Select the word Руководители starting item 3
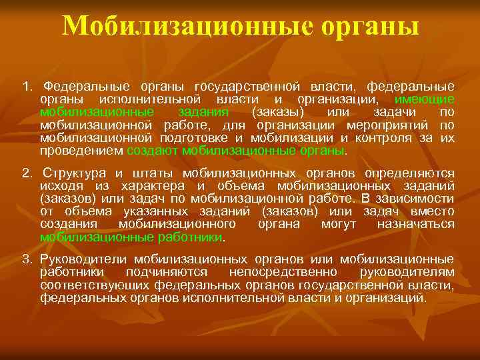coord(84,259)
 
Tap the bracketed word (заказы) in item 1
coord(279,111)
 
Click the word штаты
coord(158,173)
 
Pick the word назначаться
coord(416,224)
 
